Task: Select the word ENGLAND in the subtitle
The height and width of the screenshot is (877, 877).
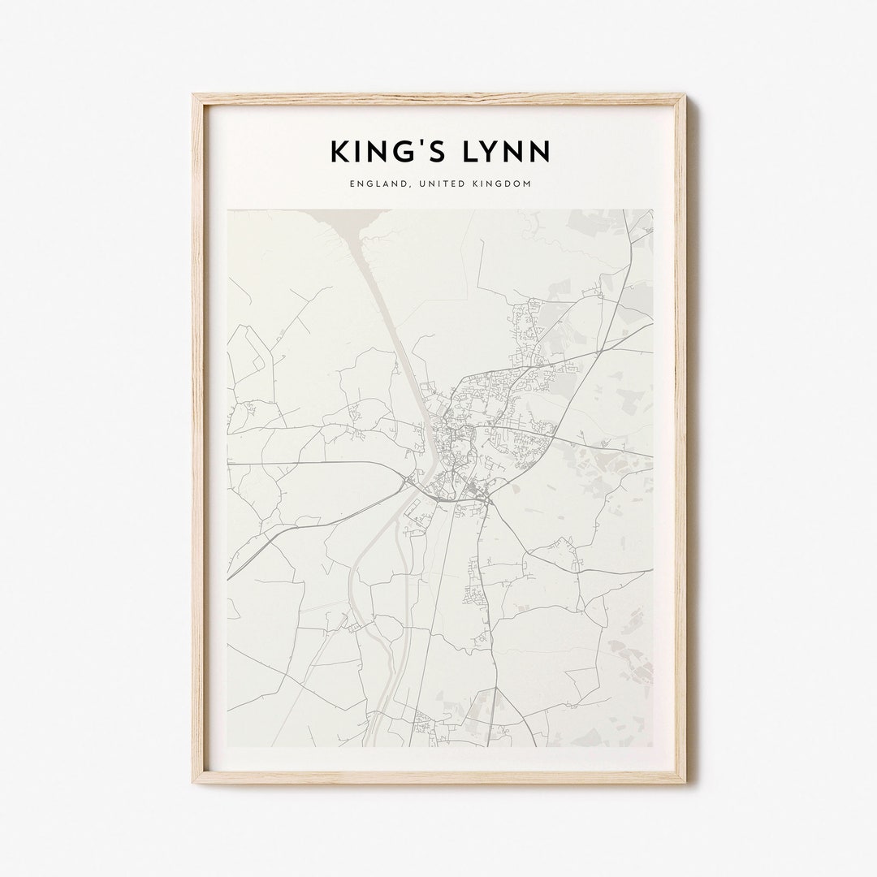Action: point(378,184)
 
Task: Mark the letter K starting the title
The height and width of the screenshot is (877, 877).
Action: point(339,152)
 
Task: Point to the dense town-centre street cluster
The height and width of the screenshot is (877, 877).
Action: point(446,438)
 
